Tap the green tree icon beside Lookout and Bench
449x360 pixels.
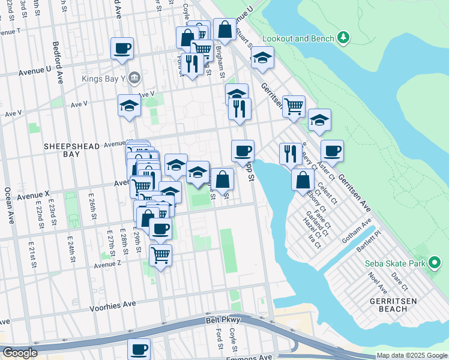(x=343, y=38)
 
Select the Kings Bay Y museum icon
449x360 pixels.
(x=134, y=77)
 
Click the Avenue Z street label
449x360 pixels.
(x=108, y=264)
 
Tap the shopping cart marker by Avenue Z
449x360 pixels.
(x=160, y=255)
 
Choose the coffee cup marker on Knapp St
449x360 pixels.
(x=243, y=151)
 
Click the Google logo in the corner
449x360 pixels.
(x=20, y=353)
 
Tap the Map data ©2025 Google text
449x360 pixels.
(x=412, y=356)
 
